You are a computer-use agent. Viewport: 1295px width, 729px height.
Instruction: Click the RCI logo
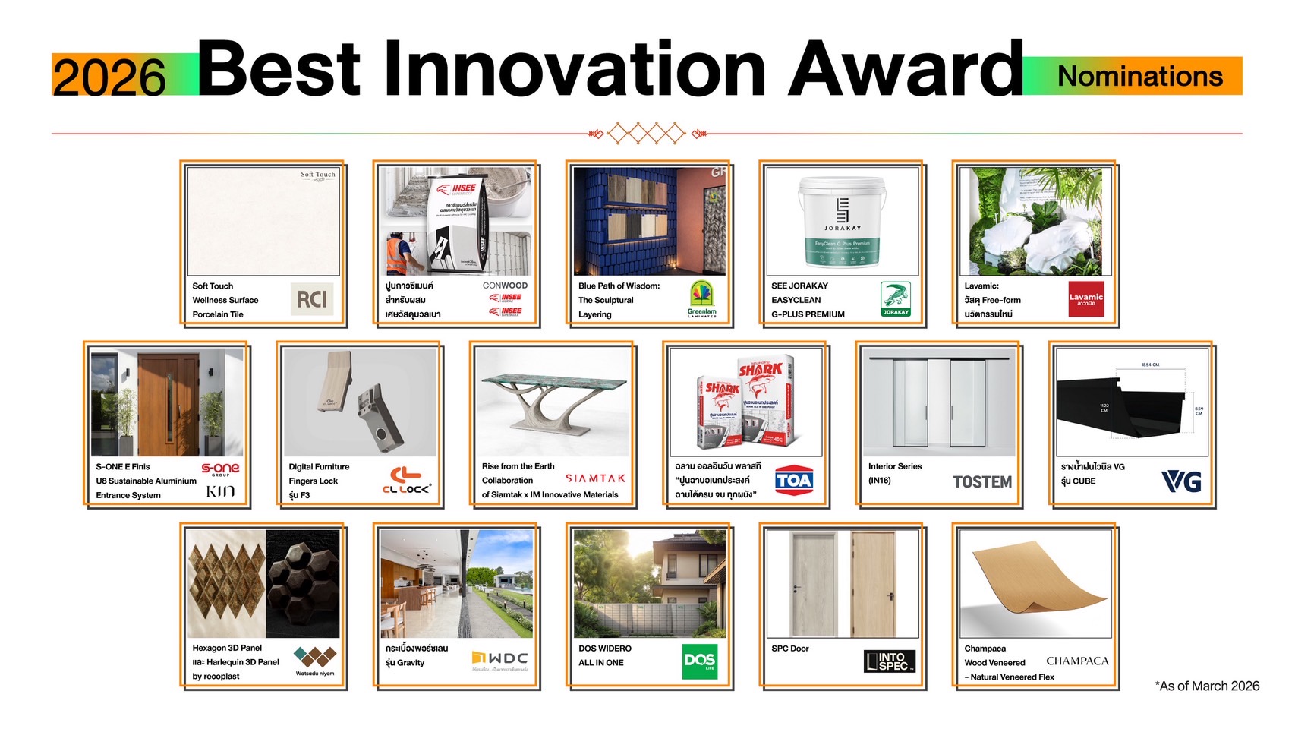(311, 299)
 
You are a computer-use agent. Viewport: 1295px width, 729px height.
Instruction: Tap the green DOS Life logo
(699, 661)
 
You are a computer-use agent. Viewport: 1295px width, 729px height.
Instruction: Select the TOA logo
(794, 481)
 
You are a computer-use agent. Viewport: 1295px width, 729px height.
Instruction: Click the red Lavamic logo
(1085, 299)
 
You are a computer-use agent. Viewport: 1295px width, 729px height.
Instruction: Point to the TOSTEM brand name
(982, 482)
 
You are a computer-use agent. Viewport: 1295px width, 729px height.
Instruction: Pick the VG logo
(1181, 481)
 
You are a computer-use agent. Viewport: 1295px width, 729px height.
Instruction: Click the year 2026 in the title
(109, 77)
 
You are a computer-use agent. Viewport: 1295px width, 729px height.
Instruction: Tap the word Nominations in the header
(1139, 77)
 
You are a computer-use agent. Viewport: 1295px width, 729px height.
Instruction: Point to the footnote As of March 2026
(1207, 686)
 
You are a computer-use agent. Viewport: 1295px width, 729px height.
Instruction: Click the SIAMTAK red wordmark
(596, 478)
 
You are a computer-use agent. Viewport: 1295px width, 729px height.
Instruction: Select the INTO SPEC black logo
(890, 661)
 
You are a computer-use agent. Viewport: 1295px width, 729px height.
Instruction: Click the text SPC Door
(790, 649)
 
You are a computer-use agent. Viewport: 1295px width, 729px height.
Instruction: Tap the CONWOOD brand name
(505, 286)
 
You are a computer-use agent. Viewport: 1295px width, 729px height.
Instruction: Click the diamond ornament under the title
(647, 134)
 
